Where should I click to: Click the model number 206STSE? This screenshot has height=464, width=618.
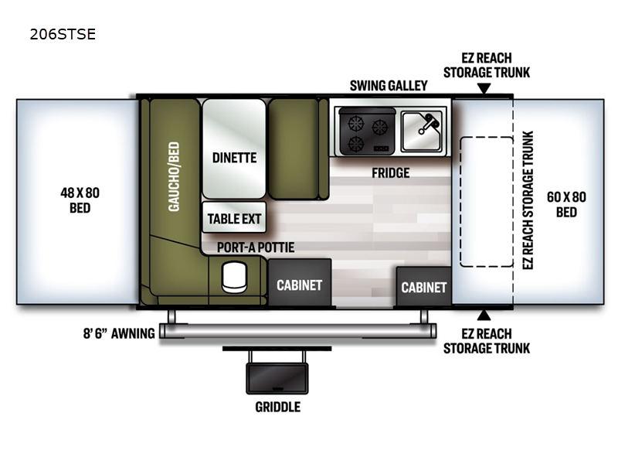pyautogui.click(x=63, y=34)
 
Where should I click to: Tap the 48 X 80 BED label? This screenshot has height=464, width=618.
pyautogui.click(x=80, y=200)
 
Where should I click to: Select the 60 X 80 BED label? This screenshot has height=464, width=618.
pyautogui.click(x=566, y=204)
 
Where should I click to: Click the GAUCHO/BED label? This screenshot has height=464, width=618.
pyautogui.click(x=174, y=177)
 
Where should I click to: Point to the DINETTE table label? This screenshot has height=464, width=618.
pyautogui.click(x=235, y=158)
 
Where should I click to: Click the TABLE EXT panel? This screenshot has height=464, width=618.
pyautogui.click(x=234, y=217)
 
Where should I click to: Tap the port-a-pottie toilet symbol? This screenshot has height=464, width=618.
pyautogui.click(x=235, y=277)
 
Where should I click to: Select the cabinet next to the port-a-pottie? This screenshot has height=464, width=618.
pyautogui.click(x=300, y=282)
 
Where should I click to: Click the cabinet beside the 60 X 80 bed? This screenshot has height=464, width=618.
pyautogui.click(x=423, y=286)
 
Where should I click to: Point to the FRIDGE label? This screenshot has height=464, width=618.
pyautogui.click(x=391, y=172)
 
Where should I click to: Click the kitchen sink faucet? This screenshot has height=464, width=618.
pyautogui.click(x=429, y=123)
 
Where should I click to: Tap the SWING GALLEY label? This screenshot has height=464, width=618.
pyautogui.click(x=389, y=86)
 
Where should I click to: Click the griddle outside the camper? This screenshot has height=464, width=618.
pyautogui.click(x=277, y=378)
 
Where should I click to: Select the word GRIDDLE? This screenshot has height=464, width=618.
pyautogui.click(x=278, y=407)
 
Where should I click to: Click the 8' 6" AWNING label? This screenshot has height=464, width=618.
pyautogui.click(x=119, y=333)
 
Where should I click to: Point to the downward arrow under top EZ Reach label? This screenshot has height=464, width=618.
pyautogui.click(x=484, y=88)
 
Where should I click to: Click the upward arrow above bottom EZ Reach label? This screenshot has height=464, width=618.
pyautogui.click(x=484, y=316)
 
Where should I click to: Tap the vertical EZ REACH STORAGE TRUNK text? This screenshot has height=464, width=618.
pyautogui.click(x=528, y=200)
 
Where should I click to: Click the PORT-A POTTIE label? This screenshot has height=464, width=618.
pyautogui.click(x=256, y=247)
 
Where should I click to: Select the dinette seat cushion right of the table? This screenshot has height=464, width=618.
pyautogui.click(x=294, y=149)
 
